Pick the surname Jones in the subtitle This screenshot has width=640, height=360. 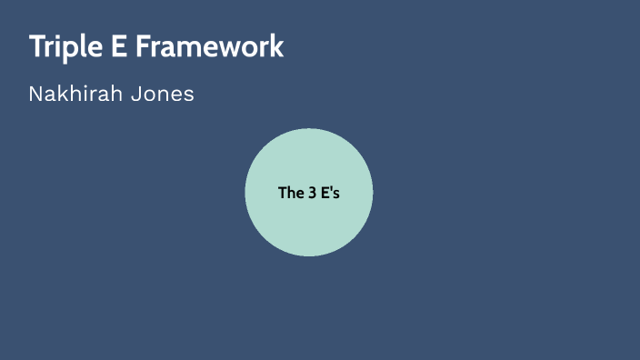pyautogui.click(x=163, y=94)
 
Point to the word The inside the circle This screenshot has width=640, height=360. pyautogui.click(x=289, y=193)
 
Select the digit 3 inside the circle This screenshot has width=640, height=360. pyautogui.click(x=311, y=193)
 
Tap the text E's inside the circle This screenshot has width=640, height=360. pyautogui.click(x=330, y=193)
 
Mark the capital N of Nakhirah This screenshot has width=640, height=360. pyautogui.click(x=35, y=94)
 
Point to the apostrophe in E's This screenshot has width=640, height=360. pyautogui.click(x=332, y=189)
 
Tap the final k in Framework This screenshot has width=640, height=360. pyautogui.click(x=276, y=46)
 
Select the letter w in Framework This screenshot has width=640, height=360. pyautogui.click(x=231, y=48)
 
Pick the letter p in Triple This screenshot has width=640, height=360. pyautogui.click(x=74, y=49)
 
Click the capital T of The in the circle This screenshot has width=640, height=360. pyautogui.click(x=282, y=193)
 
